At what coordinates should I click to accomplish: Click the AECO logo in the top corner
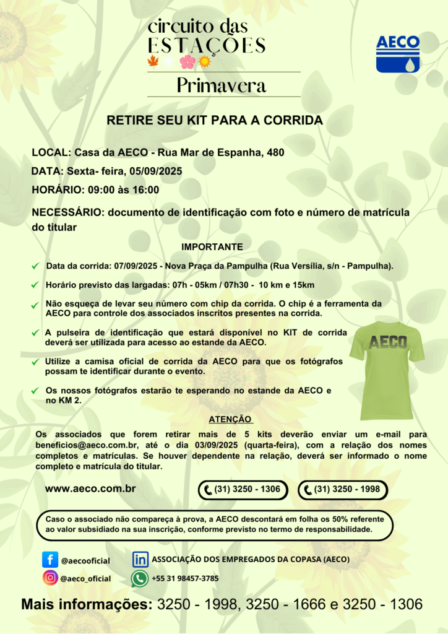coord(398,54)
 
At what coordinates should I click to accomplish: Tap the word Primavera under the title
coord(222,85)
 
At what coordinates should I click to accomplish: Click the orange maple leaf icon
coord(153,61)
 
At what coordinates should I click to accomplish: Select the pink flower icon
coord(186,61)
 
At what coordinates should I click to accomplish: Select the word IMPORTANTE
coord(212,246)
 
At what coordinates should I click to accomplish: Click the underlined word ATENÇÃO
coord(230,419)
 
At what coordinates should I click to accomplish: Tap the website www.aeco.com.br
coord(90,489)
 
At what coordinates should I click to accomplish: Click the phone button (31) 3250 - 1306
coord(243,490)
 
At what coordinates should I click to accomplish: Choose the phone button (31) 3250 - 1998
coord(342,490)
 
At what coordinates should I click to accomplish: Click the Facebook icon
coord(50,560)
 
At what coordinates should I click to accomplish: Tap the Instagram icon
coord(50,578)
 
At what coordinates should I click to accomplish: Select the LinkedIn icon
coord(140,559)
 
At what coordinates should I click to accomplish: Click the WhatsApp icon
coord(139,578)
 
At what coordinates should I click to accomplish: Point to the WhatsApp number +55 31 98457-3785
coord(185,578)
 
